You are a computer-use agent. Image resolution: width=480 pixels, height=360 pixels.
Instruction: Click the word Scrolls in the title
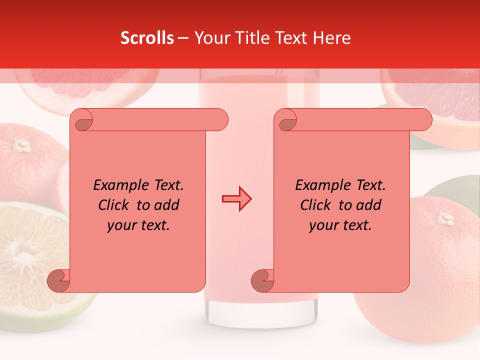(147, 38)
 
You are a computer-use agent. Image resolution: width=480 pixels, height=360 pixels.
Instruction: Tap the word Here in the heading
(332, 38)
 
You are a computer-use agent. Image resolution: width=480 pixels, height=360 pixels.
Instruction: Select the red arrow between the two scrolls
(236, 199)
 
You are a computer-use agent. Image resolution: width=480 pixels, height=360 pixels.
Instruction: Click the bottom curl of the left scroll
(58, 280)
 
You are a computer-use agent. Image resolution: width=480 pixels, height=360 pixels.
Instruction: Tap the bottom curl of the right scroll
(262, 280)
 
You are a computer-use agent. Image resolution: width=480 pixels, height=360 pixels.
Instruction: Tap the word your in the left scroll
(120, 225)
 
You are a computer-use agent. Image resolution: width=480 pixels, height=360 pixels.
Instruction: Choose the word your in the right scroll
(322, 225)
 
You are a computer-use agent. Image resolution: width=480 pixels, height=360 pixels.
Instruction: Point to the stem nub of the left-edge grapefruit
(21, 145)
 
